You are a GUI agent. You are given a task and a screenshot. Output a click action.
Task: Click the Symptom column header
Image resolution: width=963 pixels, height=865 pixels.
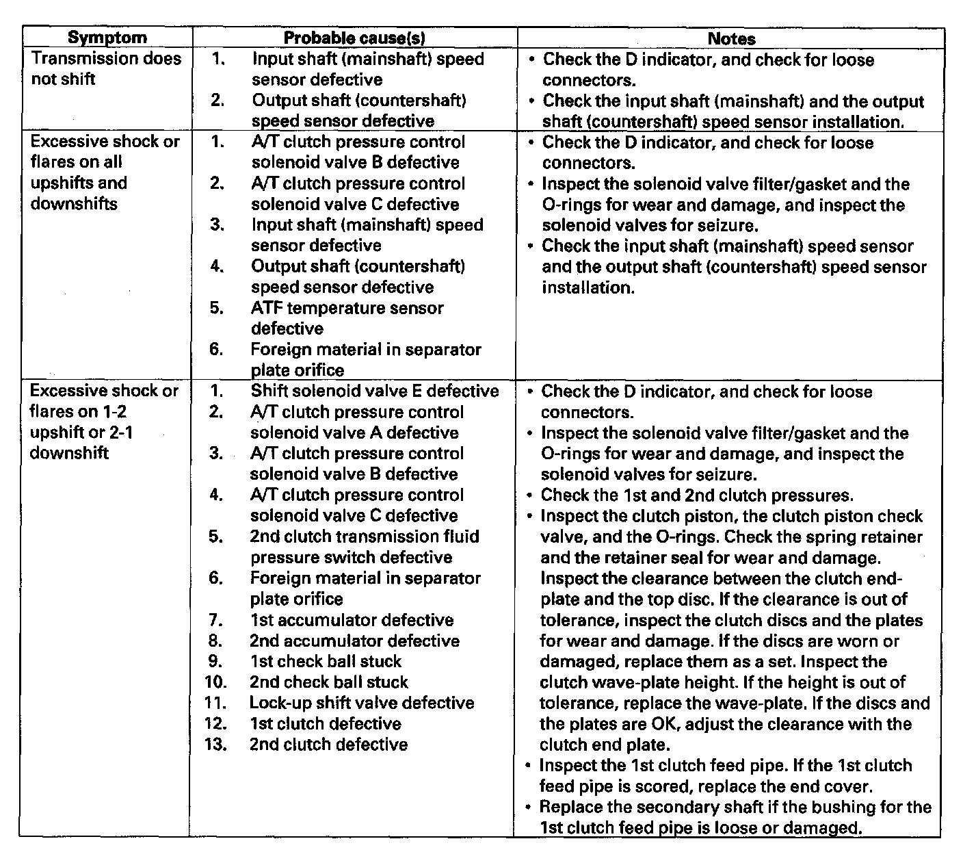pyautogui.click(x=107, y=38)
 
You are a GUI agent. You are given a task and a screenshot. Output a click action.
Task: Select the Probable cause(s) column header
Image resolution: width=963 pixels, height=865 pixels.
pyautogui.click(x=354, y=38)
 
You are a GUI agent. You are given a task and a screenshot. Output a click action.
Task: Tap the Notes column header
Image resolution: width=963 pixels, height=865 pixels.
pyautogui.click(x=731, y=39)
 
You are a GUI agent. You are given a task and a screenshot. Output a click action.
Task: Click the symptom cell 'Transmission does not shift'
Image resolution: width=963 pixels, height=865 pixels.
pyautogui.click(x=106, y=68)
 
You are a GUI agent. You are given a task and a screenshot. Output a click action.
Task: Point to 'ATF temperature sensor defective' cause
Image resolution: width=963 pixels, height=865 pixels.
pyautogui.click(x=347, y=318)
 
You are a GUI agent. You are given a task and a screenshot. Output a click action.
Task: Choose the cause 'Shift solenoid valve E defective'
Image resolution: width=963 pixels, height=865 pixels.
pyautogui.click(x=374, y=391)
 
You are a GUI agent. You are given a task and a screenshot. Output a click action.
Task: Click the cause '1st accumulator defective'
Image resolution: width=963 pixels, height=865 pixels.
pyautogui.click(x=351, y=620)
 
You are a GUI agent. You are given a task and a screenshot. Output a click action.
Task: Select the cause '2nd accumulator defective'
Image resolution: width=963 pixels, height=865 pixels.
pyautogui.click(x=354, y=641)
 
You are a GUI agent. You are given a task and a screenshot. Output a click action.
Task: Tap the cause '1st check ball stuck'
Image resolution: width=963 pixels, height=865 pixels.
pyautogui.click(x=325, y=662)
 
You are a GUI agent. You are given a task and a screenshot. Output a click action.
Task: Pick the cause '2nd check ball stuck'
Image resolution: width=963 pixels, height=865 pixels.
pyautogui.click(x=328, y=682)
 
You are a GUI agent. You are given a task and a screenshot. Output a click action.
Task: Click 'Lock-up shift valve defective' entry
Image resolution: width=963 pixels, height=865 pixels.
pyautogui.click(x=361, y=703)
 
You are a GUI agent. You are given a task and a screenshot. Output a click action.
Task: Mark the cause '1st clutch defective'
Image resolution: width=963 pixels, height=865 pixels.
pyautogui.click(x=325, y=724)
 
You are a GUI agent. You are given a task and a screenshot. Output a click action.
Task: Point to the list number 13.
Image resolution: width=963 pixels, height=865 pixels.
pyautogui.click(x=215, y=745)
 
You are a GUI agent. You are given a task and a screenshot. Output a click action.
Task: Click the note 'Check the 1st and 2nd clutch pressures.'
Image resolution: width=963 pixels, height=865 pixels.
pyautogui.click(x=697, y=495)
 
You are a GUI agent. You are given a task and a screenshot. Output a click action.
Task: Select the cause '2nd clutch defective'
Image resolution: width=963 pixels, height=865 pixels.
pyautogui.click(x=328, y=745)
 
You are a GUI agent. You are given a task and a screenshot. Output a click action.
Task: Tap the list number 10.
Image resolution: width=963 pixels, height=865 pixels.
pyautogui.click(x=215, y=682)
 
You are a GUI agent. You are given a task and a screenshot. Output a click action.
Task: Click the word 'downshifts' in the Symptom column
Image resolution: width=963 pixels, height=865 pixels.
pyautogui.click(x=74, y=204)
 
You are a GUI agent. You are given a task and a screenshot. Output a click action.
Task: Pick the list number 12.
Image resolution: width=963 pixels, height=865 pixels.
pyautogui.click(x=215, y=724)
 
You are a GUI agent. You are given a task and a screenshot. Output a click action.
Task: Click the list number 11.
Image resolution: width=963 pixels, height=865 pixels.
pyautogui.click(x=215, y=703)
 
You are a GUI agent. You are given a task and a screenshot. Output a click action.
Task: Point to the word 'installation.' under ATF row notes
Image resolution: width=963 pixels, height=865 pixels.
pyautogui.click(x=588, y=287)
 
